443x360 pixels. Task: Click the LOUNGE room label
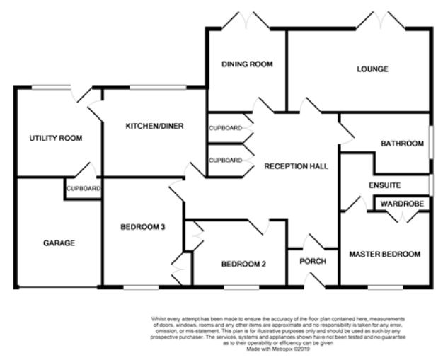[372, 69]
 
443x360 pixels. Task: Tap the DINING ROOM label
[247, 64]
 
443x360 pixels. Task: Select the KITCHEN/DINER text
[154, 127]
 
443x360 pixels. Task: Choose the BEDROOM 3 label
[142, 227]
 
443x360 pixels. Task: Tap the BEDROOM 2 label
[243, 265]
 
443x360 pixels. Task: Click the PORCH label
[313, 261]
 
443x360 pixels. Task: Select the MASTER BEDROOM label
[385, 253]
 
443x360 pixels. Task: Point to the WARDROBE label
[402, 204]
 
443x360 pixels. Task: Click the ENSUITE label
[384, 185]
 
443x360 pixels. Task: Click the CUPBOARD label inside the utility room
[84, 189]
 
